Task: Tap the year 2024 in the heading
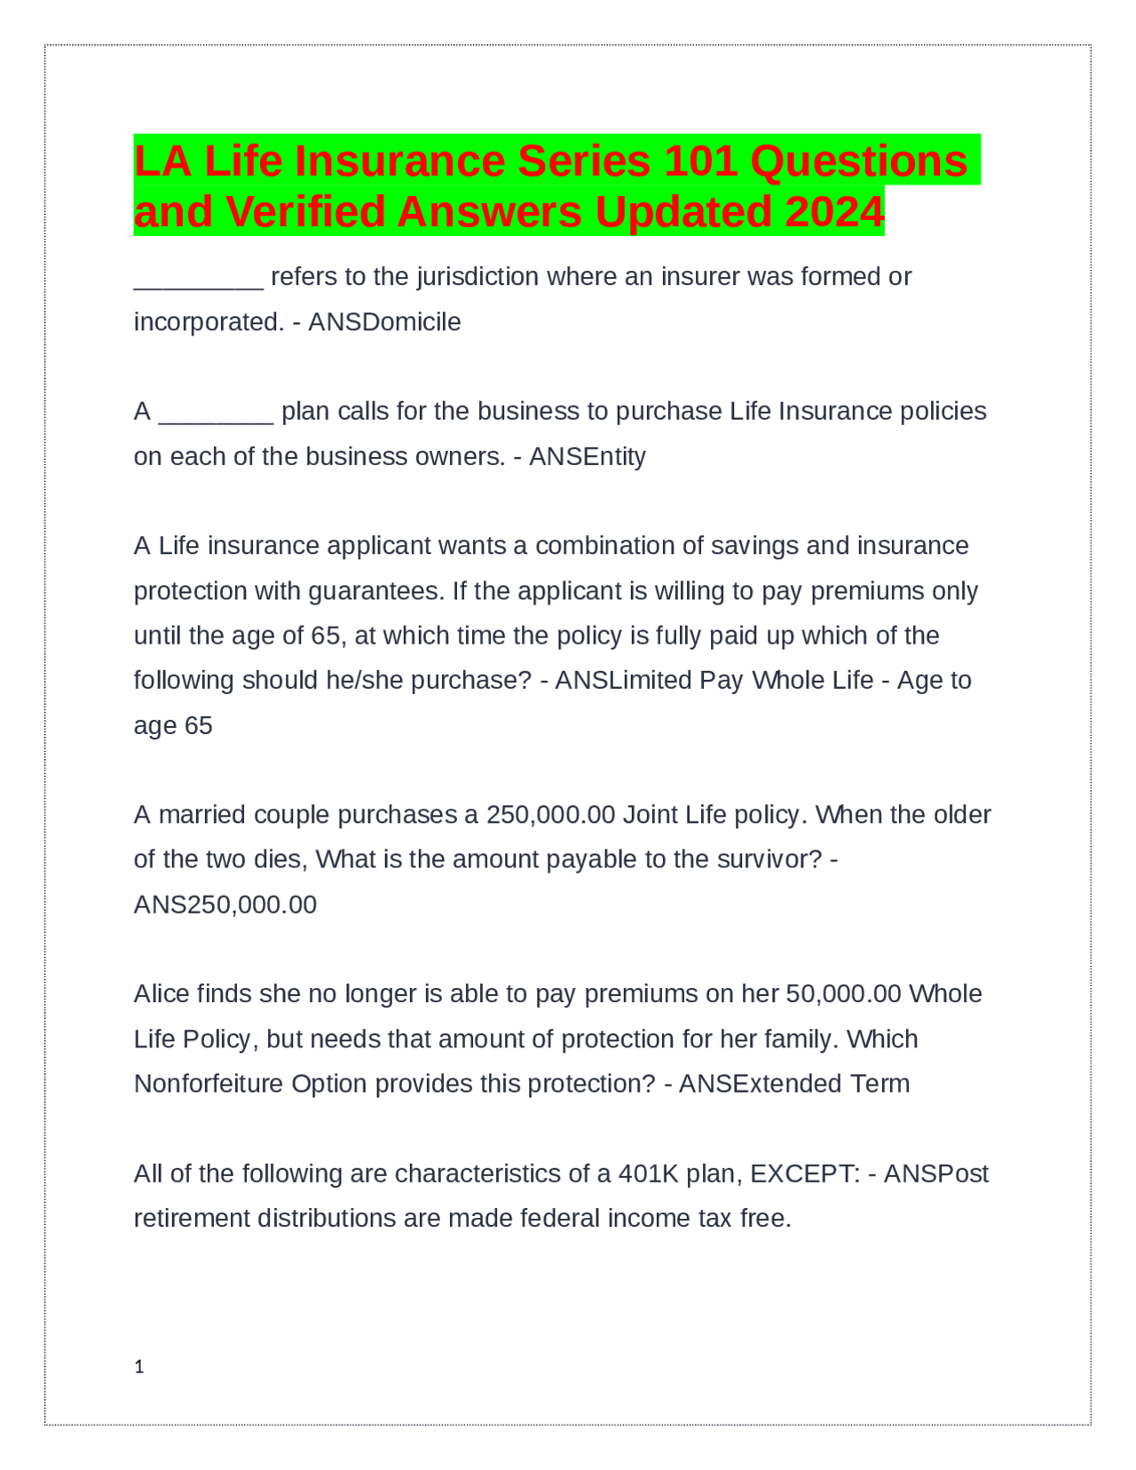coord(834,212)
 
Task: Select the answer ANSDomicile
coord(384,321)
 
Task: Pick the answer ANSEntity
coord(588,456)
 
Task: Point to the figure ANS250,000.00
coord(225,905)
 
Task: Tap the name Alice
coord(162,994)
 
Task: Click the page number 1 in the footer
coord(138,1367)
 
